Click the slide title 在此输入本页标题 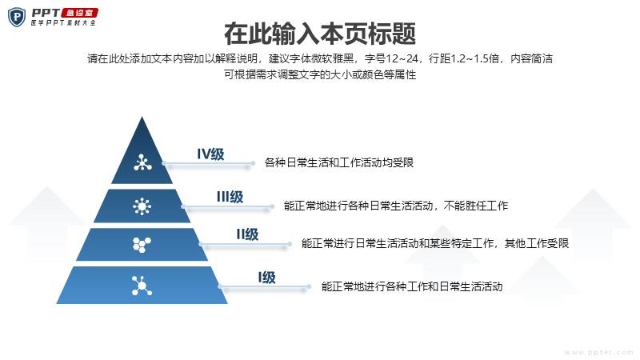[x=320, y=34]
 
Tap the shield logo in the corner [x=17, y=17]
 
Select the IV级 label [x=210, y=154]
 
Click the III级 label [x=230, y=197]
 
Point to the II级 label [x=247, y=234]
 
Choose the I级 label [x=267, y=278]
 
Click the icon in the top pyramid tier [x=142, y=162]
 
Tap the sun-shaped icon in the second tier [x=142, y=206]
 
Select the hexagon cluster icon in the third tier [x=142, y=245]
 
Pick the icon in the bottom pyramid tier [x=142, y=286]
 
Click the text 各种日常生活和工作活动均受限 [x=339, y=163]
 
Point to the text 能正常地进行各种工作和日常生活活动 [x=412, y=286]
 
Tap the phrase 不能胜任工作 [x=476, y=206]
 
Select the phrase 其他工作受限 [x=537, y=244]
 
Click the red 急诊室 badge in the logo [x=80, y=13]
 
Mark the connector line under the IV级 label [x=208, y=163]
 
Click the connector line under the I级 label [x=265, y=287]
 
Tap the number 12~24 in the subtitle [x=402, y=58]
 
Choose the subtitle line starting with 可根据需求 [x=320, y=74]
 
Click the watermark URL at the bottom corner [x=599, y=352]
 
